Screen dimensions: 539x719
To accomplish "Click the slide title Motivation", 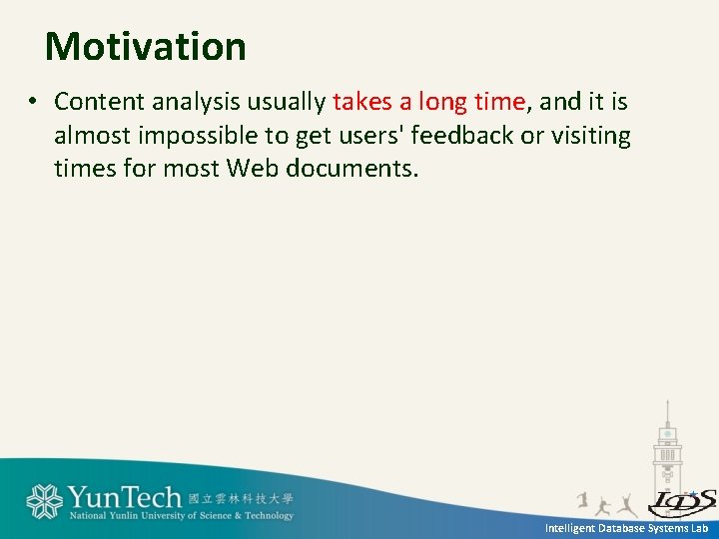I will (x=146, y=47).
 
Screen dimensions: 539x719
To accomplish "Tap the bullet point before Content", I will (x=33, y=102).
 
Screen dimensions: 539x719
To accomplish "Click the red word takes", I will (x=362, y=102).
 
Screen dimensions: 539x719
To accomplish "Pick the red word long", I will (x=442, y=102).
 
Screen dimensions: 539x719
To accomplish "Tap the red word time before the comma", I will (x=499, y=102).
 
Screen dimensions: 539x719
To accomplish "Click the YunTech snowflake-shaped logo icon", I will (x=44, y=501).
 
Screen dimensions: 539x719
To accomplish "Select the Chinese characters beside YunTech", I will (x=241, y=497).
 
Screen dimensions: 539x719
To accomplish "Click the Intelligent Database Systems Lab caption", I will (x=626, y=527).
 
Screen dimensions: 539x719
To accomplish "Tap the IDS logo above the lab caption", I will (x=682, y=501).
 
